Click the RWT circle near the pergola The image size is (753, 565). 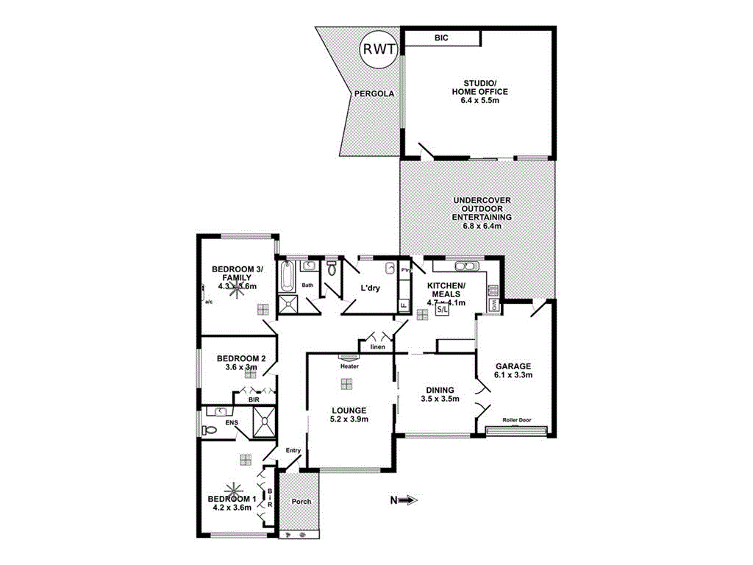click(378, 49)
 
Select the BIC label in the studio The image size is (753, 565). click(441, 38)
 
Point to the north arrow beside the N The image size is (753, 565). click(409, 500)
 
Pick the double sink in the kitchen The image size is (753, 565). click(466, 266)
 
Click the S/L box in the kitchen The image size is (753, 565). click(442, 310)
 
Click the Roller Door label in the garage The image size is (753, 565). click(516, 420)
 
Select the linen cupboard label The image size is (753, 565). click(378, 347)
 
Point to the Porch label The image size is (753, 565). click(301, 502)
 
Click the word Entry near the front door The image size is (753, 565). click(293, 450)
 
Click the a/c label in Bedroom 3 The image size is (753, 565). click(208, 301)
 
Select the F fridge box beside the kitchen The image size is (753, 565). click(403, 305)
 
